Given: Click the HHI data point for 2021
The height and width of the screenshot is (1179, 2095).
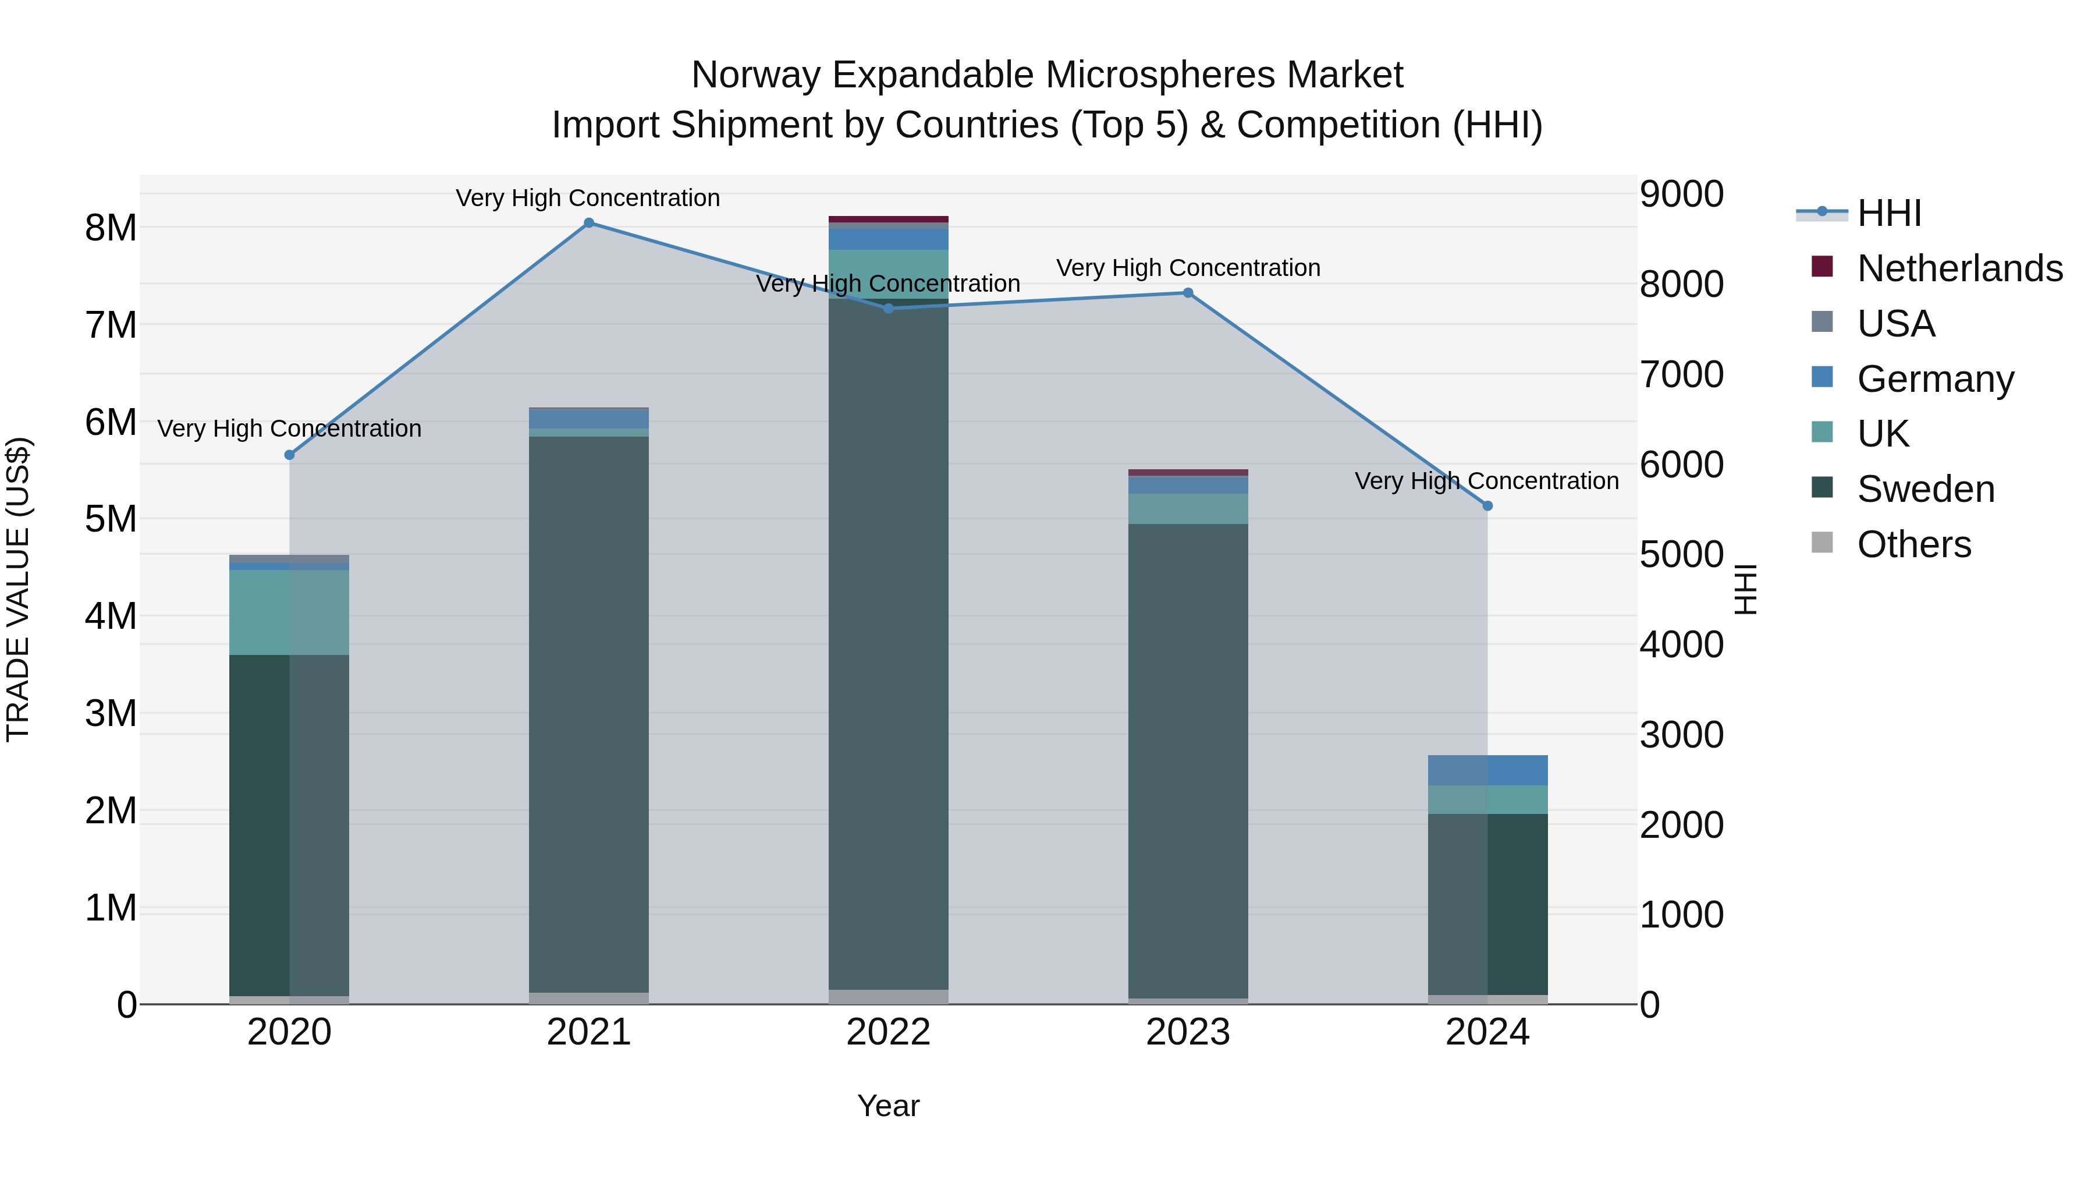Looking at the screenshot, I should (x=589, y=223).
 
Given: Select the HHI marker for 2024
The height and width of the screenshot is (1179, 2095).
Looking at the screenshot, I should (x=1487, y=506).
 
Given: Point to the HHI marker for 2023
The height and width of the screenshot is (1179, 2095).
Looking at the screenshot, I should (x=1187, y=293).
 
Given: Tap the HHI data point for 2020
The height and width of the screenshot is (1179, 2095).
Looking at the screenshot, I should (x=290, y=455).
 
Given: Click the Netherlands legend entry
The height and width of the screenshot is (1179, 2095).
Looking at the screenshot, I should (x=1960, y=268).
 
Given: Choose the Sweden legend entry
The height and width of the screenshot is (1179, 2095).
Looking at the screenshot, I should (x=1926, y=489).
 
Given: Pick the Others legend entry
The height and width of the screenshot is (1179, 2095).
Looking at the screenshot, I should (x=1913, y=544).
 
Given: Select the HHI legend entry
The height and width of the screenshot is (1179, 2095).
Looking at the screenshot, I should (x=1889, y=213).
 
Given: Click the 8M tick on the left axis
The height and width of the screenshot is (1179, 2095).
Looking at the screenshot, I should (x=111, y=228).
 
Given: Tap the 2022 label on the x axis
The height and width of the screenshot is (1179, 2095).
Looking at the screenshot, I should (x=888, y=1032).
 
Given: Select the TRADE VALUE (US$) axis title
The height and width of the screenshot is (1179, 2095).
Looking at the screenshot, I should (x=18, y=589).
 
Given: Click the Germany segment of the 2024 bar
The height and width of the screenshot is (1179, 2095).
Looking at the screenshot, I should (x=1487, y=770).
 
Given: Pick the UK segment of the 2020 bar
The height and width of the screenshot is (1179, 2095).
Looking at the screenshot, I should (x=290, y=612).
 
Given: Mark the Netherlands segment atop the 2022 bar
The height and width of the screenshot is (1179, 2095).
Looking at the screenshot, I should (x=888, y=219).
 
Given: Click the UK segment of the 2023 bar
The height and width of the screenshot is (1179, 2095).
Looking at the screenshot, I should (x=1187, y=508).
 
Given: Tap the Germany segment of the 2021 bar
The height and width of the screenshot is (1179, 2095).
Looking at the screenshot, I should (x=589, y=418).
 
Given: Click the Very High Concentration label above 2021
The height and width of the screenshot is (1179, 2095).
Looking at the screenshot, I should (x=587, y=199).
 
